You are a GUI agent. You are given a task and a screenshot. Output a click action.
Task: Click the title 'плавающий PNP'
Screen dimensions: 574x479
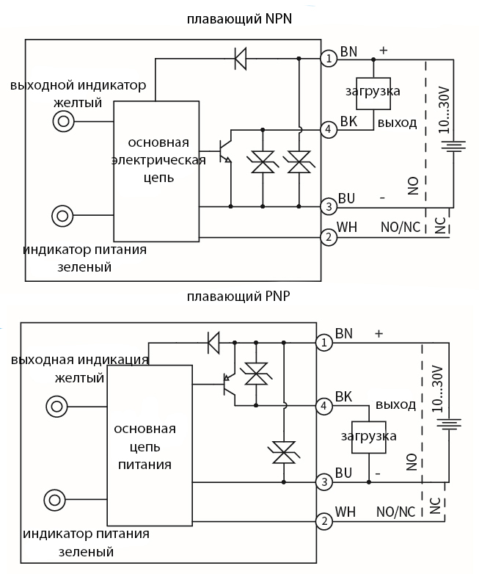[239, 297]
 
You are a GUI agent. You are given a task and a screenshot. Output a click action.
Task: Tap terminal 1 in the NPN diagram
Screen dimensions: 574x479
[330, 57]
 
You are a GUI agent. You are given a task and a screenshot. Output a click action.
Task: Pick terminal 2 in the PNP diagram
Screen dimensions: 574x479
[323, 521]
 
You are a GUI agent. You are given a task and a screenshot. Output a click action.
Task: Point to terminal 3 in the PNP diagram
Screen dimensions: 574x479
[323, 482]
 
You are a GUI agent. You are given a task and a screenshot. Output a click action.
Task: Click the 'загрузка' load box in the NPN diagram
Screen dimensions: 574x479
[373, 92]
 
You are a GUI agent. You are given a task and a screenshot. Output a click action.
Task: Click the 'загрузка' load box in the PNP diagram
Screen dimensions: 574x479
[368, 436]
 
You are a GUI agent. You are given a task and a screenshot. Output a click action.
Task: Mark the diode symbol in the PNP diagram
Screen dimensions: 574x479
[213, 341]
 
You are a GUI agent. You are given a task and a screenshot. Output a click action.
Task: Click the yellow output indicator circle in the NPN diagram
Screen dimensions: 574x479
[64, 122]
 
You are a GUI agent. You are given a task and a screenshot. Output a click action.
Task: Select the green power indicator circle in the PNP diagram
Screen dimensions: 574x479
[55, 500]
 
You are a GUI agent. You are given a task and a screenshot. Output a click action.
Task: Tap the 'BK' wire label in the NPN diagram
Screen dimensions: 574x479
[348, 122]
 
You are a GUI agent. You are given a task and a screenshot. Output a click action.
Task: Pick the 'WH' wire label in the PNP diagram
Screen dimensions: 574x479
[345, 511]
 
